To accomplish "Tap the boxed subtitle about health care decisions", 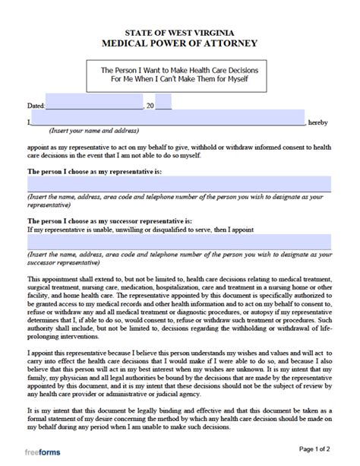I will pos(179,74).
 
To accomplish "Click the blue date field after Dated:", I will pos(94,103).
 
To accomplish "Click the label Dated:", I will pos(36,104).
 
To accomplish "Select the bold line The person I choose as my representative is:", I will pos(95,172).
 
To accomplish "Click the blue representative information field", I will pos(179,184).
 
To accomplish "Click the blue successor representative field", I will pos(179,243).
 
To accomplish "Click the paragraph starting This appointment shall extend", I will pos(179,304).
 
